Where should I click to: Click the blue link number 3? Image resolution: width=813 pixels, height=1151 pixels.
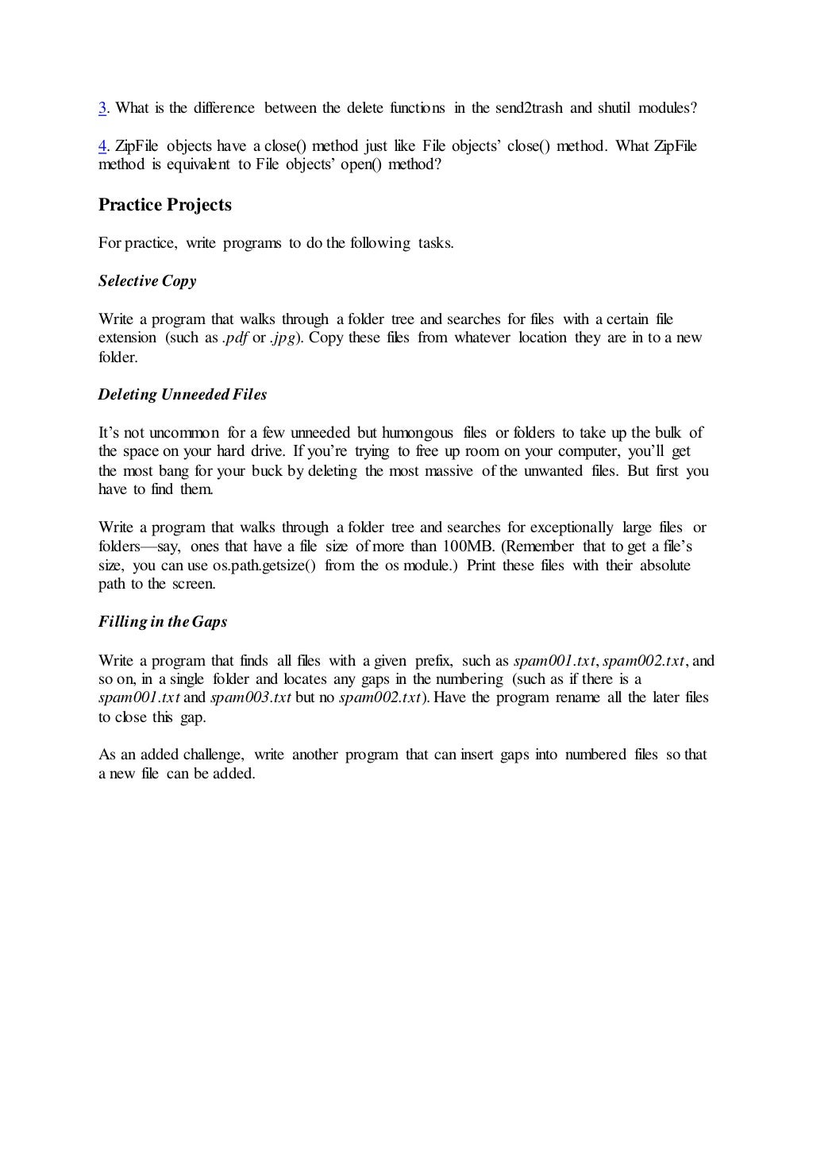coord(102,108)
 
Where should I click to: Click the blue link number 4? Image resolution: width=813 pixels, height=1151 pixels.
coord(102,146)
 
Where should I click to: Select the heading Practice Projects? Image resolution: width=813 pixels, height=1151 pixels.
coord(165,205)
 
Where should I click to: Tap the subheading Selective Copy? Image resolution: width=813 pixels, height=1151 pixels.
coord(147,281)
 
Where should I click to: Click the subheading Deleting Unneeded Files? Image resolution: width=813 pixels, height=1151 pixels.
coord(183,395)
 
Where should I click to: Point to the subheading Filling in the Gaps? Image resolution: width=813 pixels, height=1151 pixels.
coord(163,622)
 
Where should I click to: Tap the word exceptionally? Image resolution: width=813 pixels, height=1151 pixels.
coord(572,527)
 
